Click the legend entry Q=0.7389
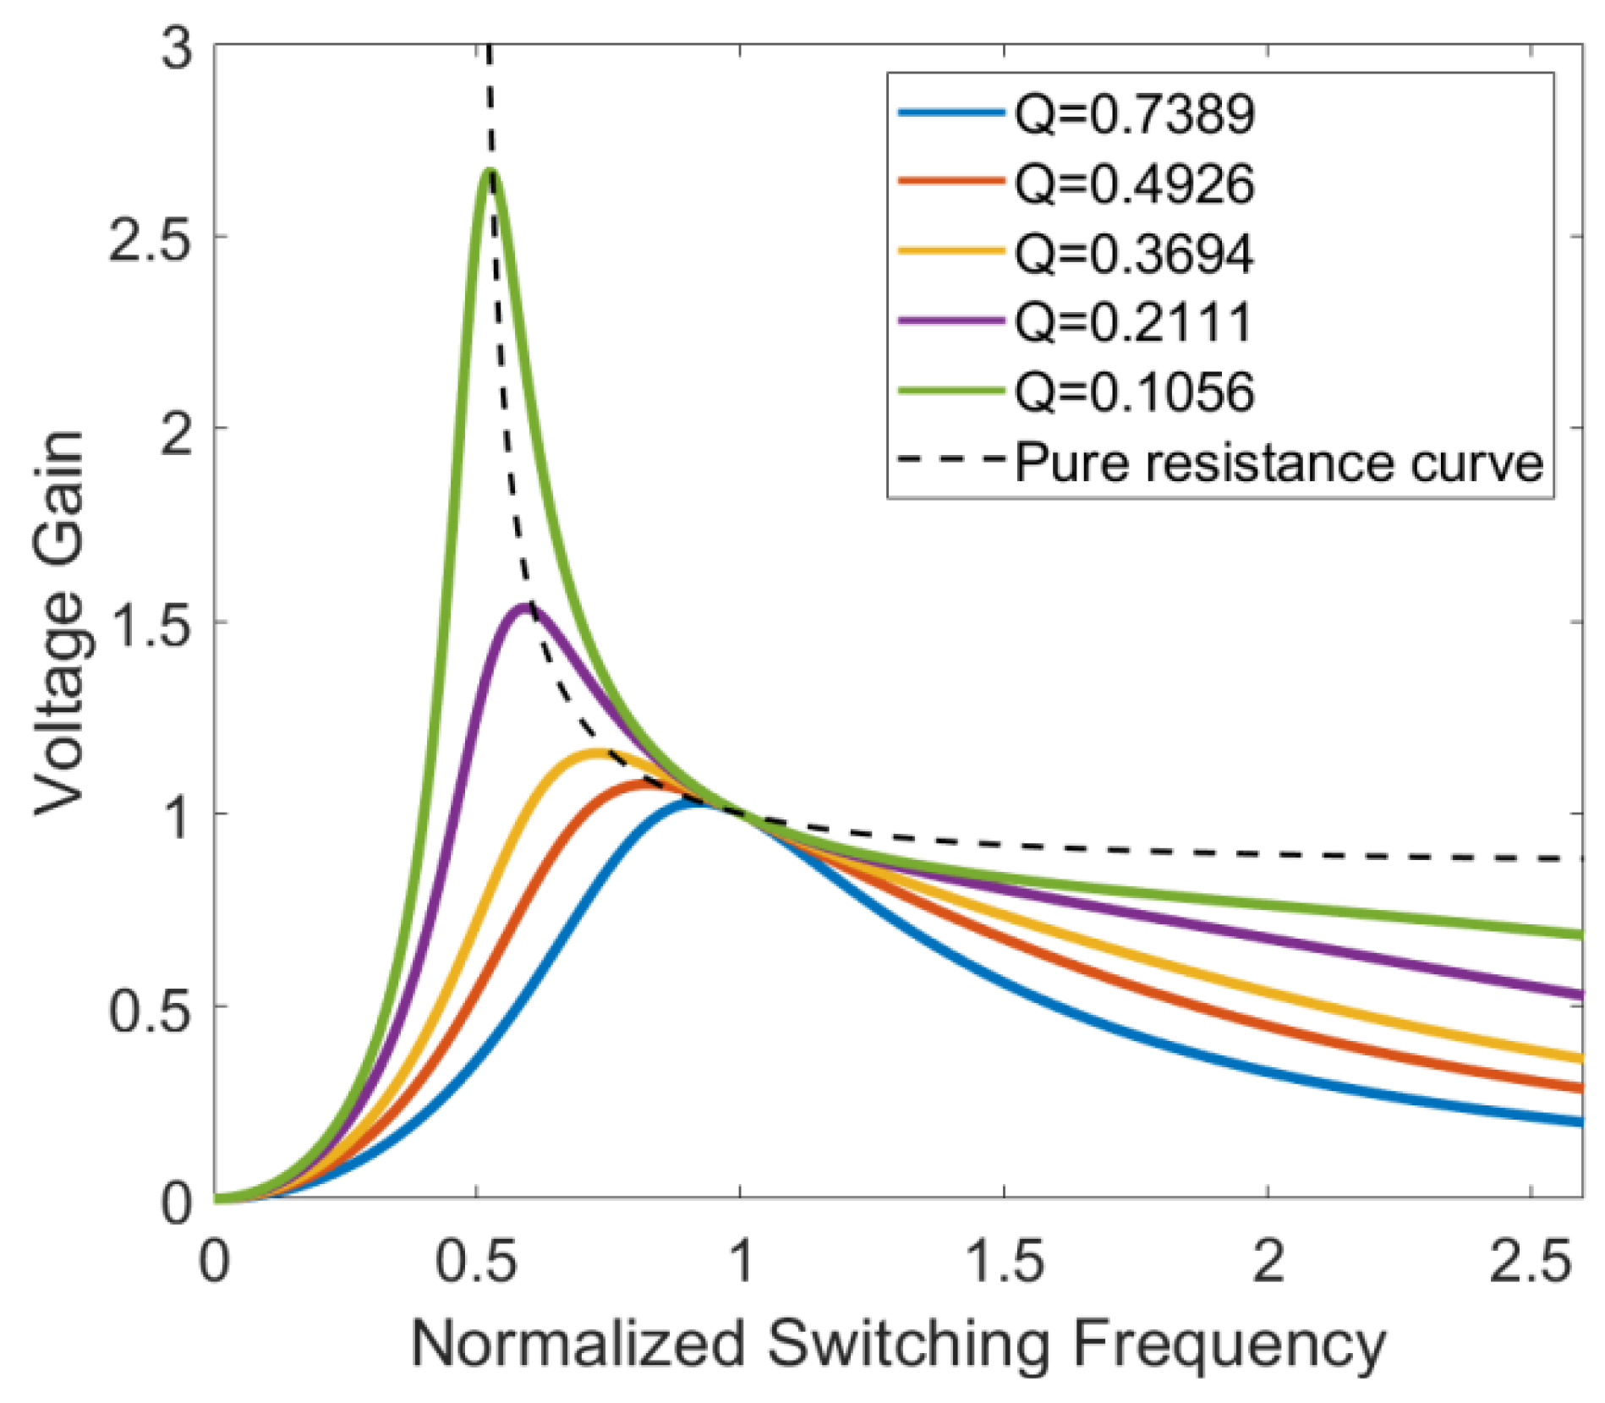(x=1133, y=113)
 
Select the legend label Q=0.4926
(x=1133, y=184)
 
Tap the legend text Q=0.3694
(x=1133, y=253)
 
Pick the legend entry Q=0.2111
(x=1133, y=322)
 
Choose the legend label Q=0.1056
(x=1133, y=392)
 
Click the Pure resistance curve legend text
(x=1278, y=463)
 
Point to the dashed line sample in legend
(x=950, y=461)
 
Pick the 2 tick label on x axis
(x=1268, y=1263)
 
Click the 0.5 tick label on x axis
(x=475, y=1263)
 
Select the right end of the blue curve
(x=1580, y=1122)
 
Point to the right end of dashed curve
(x=1580, y=859)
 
